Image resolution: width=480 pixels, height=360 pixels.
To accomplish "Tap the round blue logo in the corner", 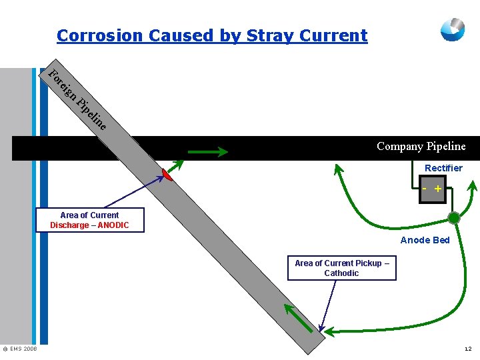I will click(453, 29).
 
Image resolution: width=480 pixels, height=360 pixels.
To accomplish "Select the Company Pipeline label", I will click(421, 147).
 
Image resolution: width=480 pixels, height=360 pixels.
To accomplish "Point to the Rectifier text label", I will click(443, 168).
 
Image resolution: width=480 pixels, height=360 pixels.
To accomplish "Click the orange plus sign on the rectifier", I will click(438, 189).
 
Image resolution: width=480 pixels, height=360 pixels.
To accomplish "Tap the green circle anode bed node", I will click(454, 218).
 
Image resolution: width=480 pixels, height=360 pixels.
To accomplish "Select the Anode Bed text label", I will click(425, 240).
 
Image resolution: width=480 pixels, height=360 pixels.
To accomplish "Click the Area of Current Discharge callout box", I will click(89, 220).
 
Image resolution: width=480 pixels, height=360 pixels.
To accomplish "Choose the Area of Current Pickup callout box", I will click(341, 268).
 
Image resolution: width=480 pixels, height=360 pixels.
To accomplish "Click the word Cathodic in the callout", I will click(341, 273).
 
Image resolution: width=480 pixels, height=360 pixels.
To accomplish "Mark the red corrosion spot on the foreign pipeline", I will click(167, 175).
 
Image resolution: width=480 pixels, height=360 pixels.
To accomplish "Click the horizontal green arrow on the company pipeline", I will click(207, 152).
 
